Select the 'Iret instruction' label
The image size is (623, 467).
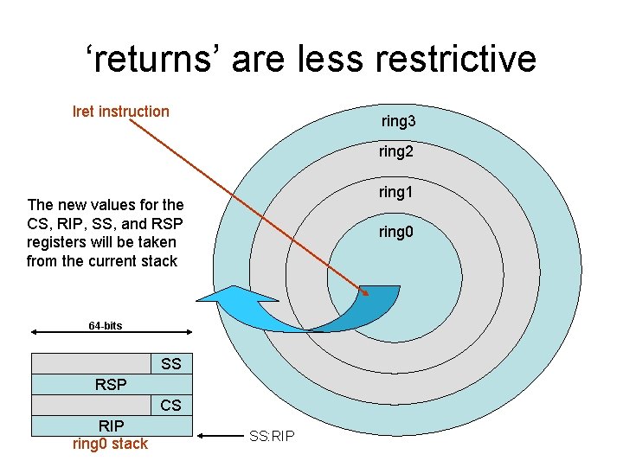pos(121,111)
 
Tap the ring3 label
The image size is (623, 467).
pos(398,122)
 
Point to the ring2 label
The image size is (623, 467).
pos(395,152)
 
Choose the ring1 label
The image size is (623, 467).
pos(395,192)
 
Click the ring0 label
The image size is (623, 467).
pos(396,232)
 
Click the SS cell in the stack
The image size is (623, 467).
pos(171,364)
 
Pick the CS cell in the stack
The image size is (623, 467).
pos(171,405)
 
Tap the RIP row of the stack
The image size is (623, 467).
pos(111,425)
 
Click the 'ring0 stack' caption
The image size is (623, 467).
pos(111,444)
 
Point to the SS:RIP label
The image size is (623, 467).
pos(272,435)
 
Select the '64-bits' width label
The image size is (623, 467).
pos(106,325)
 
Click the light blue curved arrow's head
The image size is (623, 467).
pos(221,298)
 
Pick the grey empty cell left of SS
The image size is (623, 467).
pos(91,364)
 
